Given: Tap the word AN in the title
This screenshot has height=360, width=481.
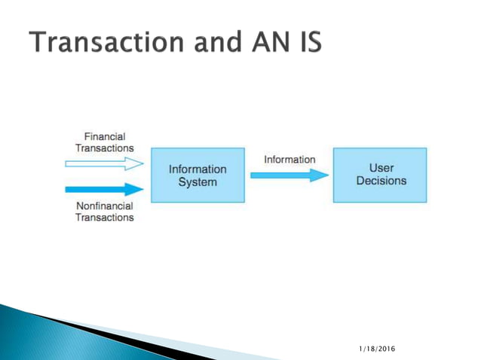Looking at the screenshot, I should tap(270, 43).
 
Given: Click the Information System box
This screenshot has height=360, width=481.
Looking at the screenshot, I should tap(197, 175).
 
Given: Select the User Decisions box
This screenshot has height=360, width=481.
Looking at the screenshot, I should tap(380, 175).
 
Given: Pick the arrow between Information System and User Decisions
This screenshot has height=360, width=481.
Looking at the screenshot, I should tap(289, 175).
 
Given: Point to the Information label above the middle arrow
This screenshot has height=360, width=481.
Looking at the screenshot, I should tap(290, 160).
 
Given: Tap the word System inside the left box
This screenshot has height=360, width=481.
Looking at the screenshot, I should tap(197, 182).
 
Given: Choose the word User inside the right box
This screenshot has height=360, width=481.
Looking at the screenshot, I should tap(381, 168).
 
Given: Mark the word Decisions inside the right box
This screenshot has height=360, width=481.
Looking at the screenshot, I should tap(381, 181).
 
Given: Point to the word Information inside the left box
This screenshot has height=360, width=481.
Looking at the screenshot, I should tap(197, 169).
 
